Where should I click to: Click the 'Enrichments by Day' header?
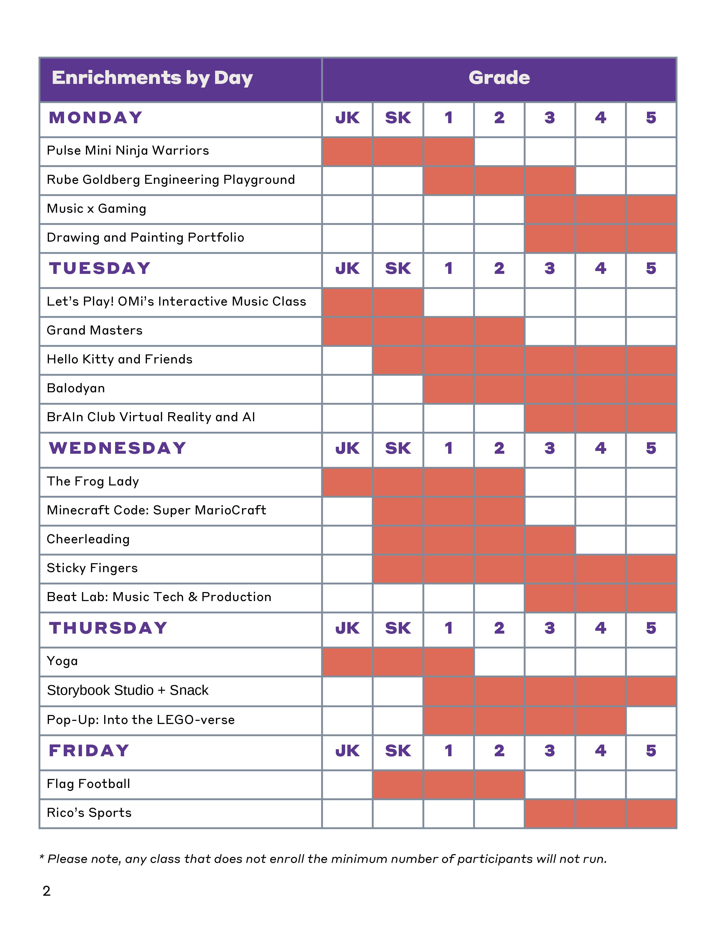pos(152,78)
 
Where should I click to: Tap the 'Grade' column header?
pos(499,78)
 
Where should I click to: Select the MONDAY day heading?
pos(95,118)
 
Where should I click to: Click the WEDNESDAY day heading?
pos(117,448)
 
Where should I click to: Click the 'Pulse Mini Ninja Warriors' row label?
pos(128,150)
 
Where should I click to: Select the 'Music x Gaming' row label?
pos(96,208)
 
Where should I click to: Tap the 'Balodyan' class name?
pos(76,388)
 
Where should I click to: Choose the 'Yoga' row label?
pos(62,661)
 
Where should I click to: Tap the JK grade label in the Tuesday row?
pos(347,268)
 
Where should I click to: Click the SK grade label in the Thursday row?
pos(398,628)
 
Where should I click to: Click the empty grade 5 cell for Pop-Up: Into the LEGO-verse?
pos(651,720)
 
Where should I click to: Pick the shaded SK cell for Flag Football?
pos(398,784)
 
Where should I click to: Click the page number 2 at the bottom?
pos(47,891)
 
